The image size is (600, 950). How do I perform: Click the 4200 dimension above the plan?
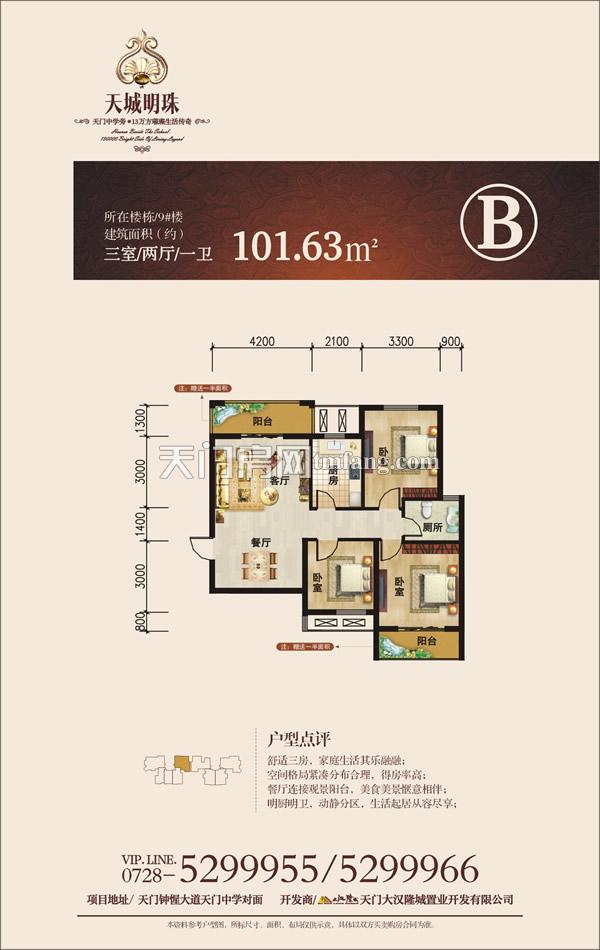262,341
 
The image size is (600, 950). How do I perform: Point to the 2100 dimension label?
337,341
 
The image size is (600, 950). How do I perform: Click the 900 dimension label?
450,341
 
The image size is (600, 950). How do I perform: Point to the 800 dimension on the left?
141,620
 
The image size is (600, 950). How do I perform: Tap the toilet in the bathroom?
450,517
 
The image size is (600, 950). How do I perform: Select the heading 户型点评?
291,738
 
